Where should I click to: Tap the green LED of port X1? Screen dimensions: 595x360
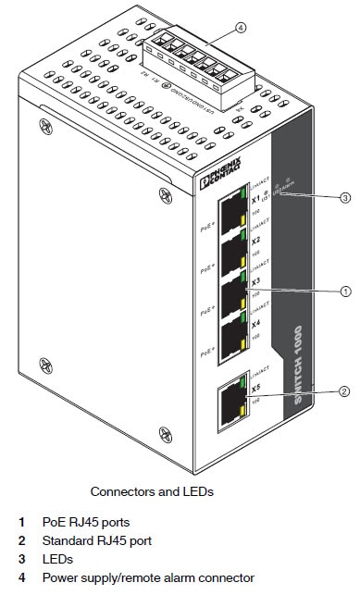(x=245, y=194)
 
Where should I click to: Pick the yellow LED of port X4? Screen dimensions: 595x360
(x=245, y=346)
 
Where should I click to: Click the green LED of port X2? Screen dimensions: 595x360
(x=245, y=237)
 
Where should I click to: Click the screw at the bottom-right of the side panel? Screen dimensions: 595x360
(x=165, y=431)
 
